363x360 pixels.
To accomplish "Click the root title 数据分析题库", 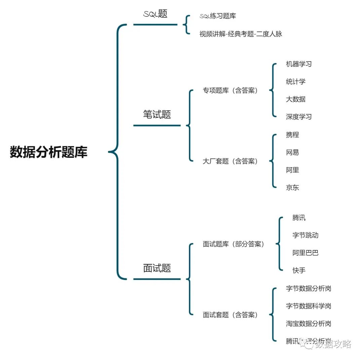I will [49, 152].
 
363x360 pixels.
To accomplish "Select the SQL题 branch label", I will [155, 14].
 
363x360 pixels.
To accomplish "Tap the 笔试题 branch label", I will [157, 114].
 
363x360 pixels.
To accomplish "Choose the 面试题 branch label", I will [157, 268].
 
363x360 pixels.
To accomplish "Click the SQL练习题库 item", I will [218, 16].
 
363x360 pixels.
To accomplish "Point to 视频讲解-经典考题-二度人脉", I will [241, 34].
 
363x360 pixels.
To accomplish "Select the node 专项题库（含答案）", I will [230, 91].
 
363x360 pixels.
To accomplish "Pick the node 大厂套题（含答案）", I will [230, 161].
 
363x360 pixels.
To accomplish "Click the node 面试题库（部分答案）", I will [234, 244].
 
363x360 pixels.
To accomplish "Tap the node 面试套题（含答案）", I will [230, 315].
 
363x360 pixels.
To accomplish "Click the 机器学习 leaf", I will [299, 64].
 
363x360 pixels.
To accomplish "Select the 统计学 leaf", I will [296, 81].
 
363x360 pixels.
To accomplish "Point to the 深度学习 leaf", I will [299, 117].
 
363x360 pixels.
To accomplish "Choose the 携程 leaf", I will [292, 135].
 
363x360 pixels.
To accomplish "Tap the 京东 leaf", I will [292, 188].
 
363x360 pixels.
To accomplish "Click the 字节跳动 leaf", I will [305, 235].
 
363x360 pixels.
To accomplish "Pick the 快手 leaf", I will [299, 270].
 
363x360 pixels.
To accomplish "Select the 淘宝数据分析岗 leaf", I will [309, 324].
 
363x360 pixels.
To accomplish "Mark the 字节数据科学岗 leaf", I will [309, 306].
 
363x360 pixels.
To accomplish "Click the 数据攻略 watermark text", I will [333, 344].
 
